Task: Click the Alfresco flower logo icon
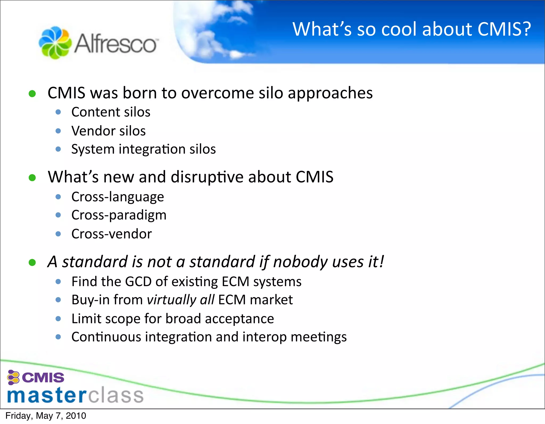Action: point(55,43)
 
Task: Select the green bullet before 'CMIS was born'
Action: point(32,93)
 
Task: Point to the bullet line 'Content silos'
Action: point(111,112)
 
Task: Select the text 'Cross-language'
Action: point(118,197)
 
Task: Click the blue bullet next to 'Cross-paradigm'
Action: point(58,215)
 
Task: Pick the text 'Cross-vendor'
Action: point(112,234)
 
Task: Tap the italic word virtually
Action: point(171,300)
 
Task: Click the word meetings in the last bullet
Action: point(319,337)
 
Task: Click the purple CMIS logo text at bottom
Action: point(43,378)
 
